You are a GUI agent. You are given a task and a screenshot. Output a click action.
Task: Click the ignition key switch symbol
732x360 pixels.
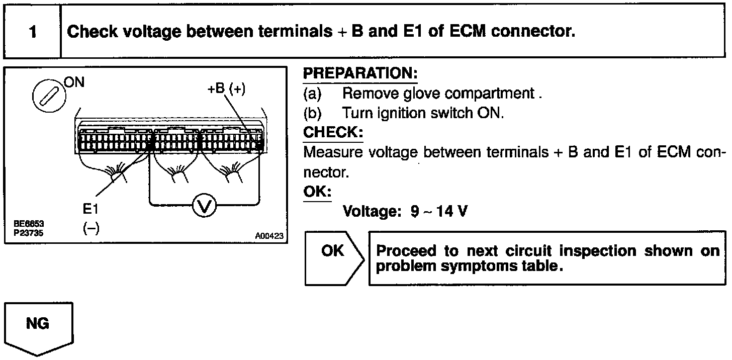click(48, 95)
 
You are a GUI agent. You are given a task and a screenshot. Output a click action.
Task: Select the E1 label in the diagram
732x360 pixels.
click(91, 208)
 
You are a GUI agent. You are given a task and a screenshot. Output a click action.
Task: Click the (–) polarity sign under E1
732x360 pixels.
click(91, 229)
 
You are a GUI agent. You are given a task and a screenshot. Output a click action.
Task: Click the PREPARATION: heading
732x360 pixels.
click(360, 74)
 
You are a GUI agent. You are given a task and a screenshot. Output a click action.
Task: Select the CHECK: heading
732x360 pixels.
click(333, 132)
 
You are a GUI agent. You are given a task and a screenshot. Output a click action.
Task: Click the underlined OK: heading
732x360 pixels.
click(317, 193)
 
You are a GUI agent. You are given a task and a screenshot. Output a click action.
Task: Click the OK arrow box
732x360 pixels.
click(333, 257)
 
